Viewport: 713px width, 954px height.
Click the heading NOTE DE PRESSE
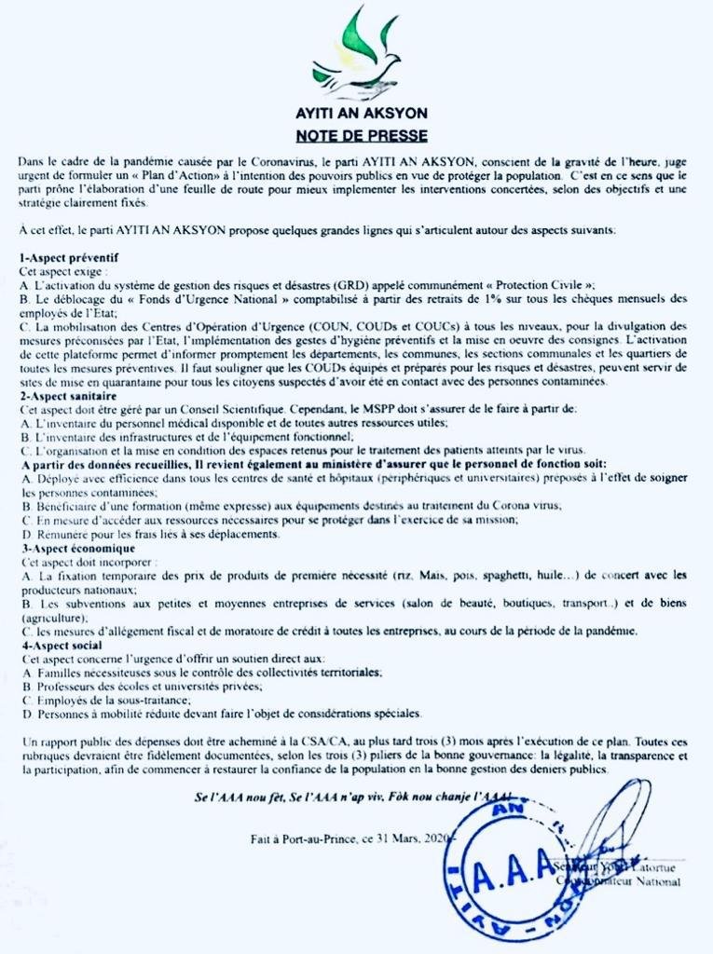coord(356,135)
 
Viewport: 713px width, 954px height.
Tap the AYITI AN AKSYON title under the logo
coord(356,113)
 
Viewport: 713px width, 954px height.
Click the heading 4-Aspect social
coord(62,645)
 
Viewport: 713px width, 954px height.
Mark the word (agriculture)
coord(53,618)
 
